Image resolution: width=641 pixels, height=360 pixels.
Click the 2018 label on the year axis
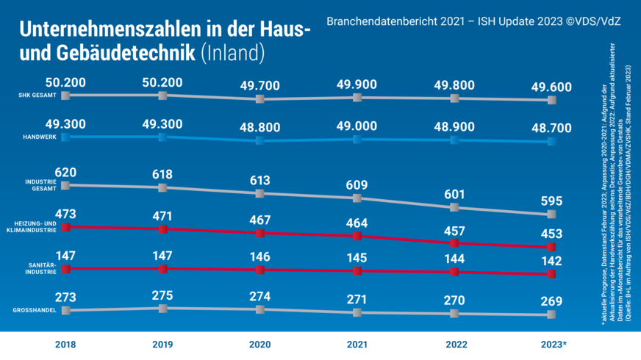pyautogui.click(x=65, y=344)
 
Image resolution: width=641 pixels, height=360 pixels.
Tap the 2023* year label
pyautogui.click(x=552, y=344)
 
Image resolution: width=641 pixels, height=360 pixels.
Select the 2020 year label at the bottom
pyautogui.click(x=259, y=344)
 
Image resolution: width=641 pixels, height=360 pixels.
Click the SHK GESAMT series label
pyautogui.click(x=37, y=95)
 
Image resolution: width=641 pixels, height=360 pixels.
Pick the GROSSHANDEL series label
pyautogui.click(x=36, y=311)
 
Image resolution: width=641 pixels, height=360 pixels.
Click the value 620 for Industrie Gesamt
pyautogui.click(x=65, y=171)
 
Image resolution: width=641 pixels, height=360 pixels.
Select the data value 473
pyautogui.click(x=65, y=214)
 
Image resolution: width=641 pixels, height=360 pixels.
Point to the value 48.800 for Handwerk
pyautogui.click(x=259, y=126)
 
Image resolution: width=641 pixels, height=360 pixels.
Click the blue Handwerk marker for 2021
pyautogui.click(x=357, y=139)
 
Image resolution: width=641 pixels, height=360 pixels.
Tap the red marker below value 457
pyautogui.click(x=455, y=242)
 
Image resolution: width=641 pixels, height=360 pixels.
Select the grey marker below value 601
pyautogui.click(x=455, y=208)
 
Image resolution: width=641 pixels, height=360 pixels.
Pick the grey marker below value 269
pyautogui.click(x=552, y=315)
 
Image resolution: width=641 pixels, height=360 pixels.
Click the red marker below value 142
pyautogui.click(x=552, y=274)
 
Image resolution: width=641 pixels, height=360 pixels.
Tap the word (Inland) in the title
pyautogui.click(x=232, y=54)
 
